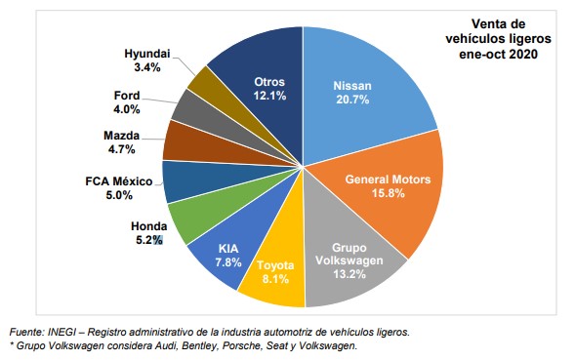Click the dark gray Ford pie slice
191,108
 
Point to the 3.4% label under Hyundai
148,68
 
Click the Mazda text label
123,136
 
